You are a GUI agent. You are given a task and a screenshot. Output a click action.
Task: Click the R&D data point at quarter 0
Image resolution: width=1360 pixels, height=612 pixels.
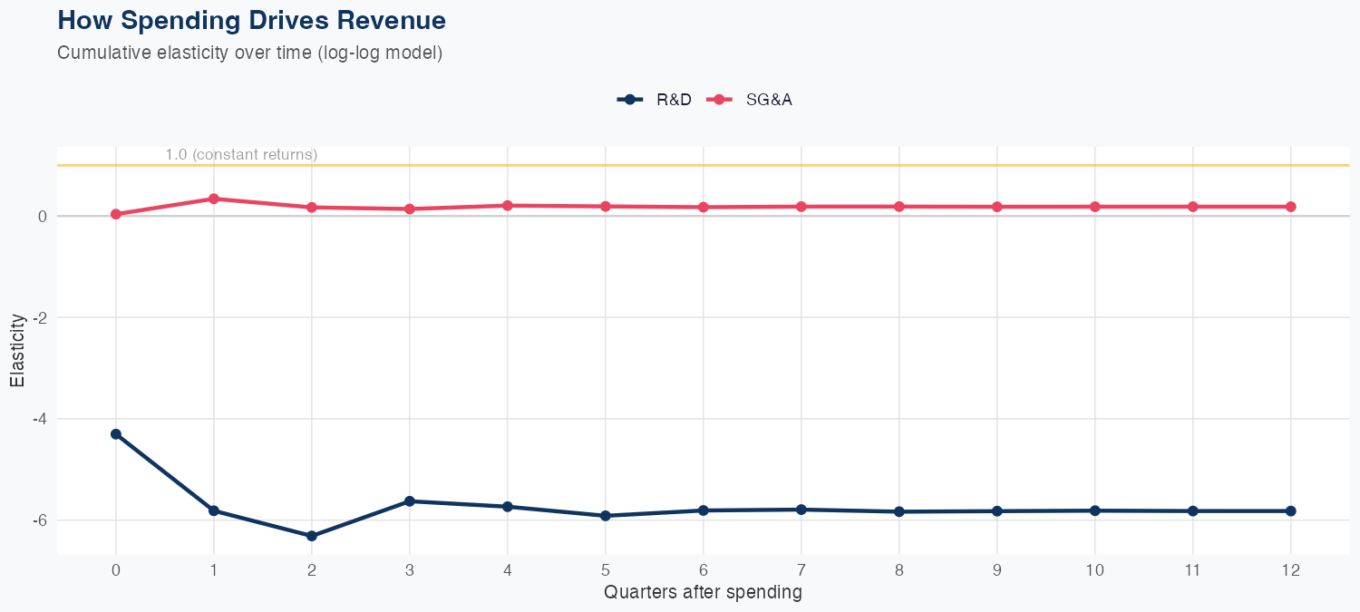(116, 434)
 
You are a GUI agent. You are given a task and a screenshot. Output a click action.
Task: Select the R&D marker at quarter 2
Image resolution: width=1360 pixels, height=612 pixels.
(312, 536)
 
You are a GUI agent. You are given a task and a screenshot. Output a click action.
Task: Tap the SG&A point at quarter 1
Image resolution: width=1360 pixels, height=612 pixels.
(214, 199)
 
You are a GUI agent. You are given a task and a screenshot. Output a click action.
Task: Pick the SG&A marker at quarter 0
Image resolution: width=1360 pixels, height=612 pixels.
(116, 214)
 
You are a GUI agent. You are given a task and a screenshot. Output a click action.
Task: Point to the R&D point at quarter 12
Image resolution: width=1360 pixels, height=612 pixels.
(1291, 511)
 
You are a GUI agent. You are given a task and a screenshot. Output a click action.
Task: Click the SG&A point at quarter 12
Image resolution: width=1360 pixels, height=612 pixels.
(1291, 207)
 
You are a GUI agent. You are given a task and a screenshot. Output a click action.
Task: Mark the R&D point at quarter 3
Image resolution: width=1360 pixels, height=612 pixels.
(410, 501)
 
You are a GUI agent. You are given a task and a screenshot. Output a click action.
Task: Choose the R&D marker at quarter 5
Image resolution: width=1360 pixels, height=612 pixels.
(606, 516)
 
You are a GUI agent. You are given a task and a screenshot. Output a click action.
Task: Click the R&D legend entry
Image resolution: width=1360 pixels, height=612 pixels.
(655, 100)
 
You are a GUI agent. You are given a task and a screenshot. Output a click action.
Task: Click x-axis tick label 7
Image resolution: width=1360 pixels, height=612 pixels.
(801, 570)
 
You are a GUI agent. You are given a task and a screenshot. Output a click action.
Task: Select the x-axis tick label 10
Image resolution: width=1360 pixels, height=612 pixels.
(1095, 570)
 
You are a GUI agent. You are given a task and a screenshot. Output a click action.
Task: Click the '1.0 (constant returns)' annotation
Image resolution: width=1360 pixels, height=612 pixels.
(241, 155)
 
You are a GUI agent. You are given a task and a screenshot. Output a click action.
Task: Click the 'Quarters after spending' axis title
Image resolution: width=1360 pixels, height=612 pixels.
(703, 593)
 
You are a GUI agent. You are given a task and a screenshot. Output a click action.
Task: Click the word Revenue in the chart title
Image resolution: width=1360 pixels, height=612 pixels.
(388, 19)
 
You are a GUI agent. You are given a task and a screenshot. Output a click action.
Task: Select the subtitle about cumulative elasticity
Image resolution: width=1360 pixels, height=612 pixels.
(249, 53)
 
